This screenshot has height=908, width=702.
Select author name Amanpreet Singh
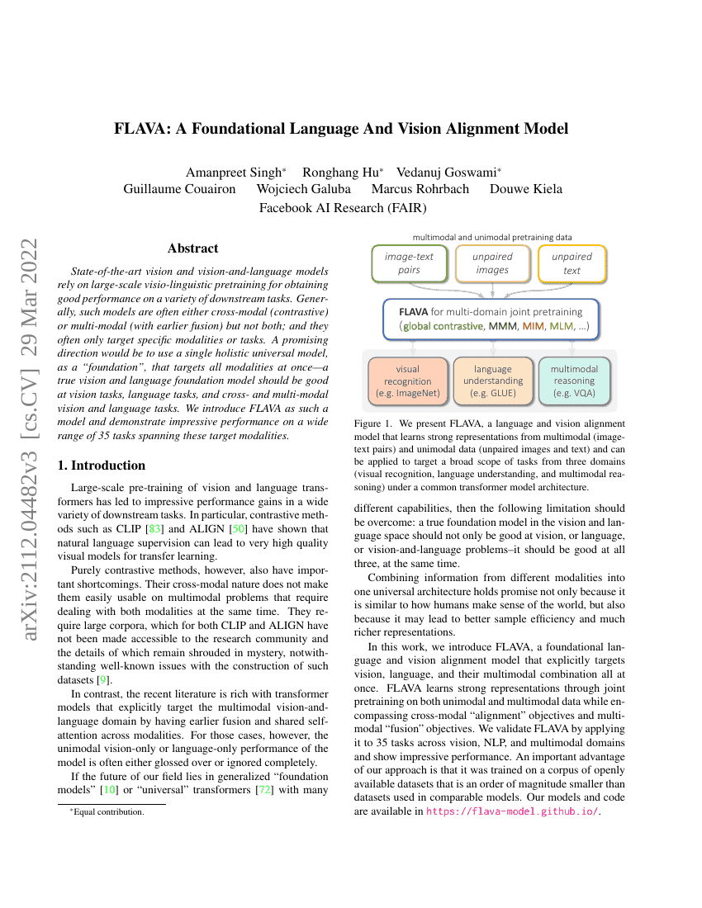point(235,173)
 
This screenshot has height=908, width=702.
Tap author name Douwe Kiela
point(525,189)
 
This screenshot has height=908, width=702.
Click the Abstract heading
point(192,248)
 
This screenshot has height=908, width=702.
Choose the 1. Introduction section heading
point(102,465)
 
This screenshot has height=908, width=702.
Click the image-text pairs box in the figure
point(409,263)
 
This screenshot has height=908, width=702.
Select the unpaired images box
point(492,263)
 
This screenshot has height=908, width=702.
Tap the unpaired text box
point(572,263)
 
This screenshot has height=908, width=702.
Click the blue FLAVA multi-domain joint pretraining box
point(491,319)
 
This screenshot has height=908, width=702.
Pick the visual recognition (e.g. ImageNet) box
point(407,381)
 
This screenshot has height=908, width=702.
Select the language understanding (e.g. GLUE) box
point(492,381)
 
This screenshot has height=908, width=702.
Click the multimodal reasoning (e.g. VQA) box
point(574,381)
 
